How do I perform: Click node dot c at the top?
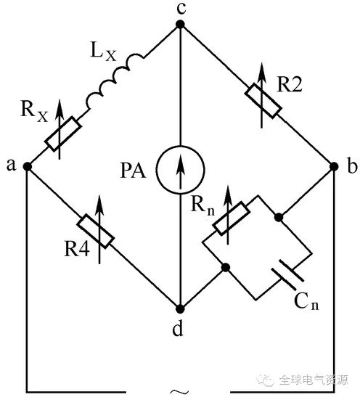click(180, 25)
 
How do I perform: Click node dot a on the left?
click(27, 167)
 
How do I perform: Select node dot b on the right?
click(334, 167)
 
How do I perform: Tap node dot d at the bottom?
click(180, 309)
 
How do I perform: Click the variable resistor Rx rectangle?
click(63, 134)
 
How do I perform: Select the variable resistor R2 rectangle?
click(263, 101)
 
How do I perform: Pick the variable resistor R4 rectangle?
click(95, 231)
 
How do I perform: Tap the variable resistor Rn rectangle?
click(232, 218)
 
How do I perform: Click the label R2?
click(290, 84)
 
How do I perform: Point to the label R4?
click(77, 248)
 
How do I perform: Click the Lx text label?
click(103, 52)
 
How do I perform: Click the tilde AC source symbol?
click(179, 392)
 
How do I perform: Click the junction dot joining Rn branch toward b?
click(279, 217)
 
